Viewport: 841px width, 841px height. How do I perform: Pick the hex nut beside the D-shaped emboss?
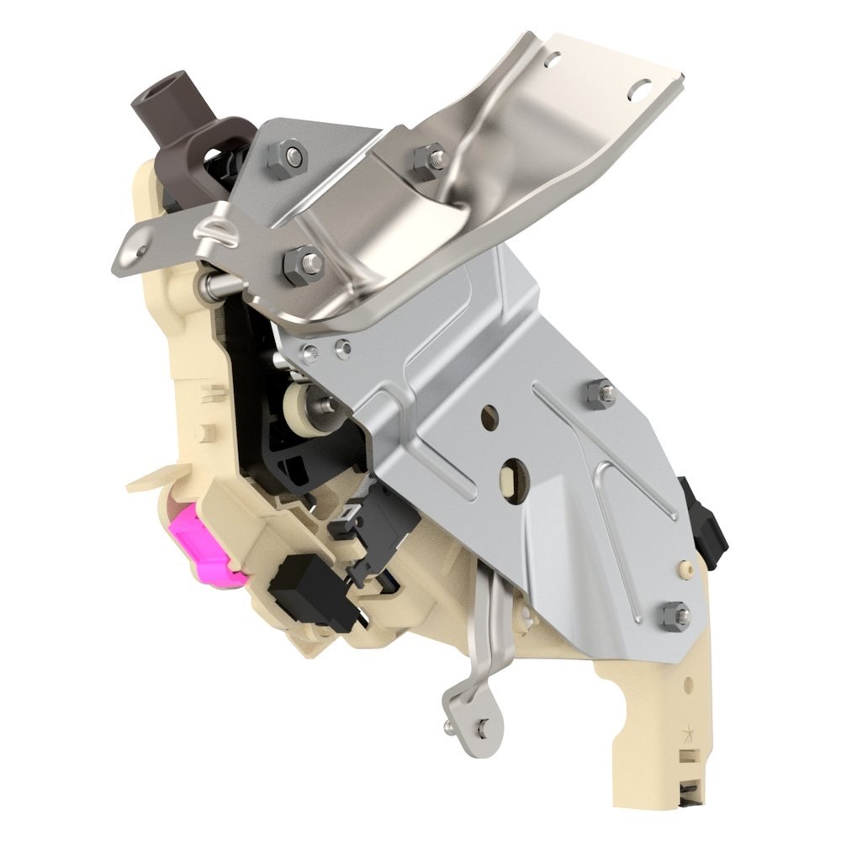302,265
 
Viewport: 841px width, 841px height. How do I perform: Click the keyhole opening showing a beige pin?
509,477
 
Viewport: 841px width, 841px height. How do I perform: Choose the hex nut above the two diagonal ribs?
600,394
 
